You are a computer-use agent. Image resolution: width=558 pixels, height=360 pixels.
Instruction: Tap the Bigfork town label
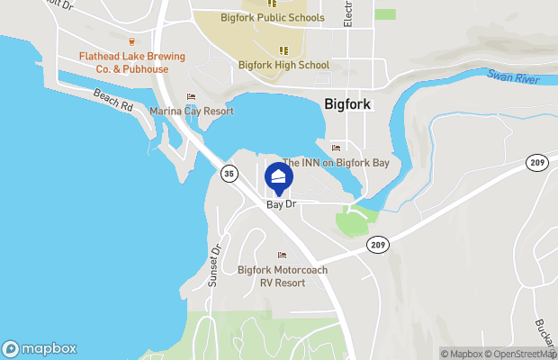pos(347,104)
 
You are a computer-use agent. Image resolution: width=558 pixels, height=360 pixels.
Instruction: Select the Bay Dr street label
pos(282,205)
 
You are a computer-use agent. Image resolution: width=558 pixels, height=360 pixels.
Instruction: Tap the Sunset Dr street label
pos(214,265)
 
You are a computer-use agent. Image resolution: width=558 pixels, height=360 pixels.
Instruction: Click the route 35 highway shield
pos(229,172)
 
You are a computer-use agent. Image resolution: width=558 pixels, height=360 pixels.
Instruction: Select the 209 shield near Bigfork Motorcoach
pos(376,244)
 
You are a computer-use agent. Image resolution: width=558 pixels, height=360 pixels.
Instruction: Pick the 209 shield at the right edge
pos(538,162)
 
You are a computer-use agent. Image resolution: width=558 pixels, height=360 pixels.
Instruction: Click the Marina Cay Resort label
pos(191,111)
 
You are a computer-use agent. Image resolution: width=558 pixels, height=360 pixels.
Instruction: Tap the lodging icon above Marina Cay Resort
pos(190,97)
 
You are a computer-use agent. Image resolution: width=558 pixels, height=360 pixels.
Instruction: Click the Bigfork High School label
pos(283,65)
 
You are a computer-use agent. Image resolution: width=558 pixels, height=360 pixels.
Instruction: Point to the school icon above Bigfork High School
pos(283,50)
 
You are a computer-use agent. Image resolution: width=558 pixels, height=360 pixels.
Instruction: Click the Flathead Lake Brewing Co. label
pos(131,61)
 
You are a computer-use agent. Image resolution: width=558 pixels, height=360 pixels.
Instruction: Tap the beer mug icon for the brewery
pos(131,41)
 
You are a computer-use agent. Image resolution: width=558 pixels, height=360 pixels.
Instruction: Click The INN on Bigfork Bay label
pos(336,163)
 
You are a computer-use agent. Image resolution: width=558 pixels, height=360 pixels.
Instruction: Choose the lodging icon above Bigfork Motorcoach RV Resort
pos(282,256)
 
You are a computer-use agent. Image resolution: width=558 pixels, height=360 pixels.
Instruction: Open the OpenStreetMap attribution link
pos(523,354)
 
